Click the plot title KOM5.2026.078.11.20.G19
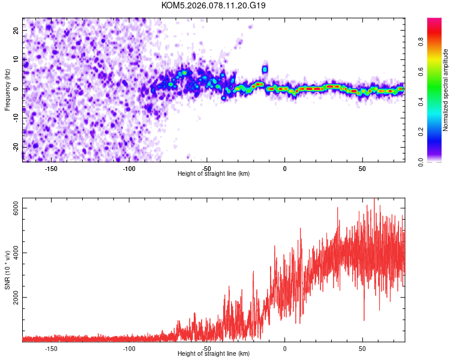[214, 5]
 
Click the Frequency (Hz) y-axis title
[7, 88]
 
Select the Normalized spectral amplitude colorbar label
[446, 90]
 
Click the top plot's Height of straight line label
[214, 173]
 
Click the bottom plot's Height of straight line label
[214, 353]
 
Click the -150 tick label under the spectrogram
[51, 168]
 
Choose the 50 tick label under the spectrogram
[362, 168]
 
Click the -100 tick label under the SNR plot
[129, 348]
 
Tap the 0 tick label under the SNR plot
[285, 348]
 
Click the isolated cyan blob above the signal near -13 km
[265, 68]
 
